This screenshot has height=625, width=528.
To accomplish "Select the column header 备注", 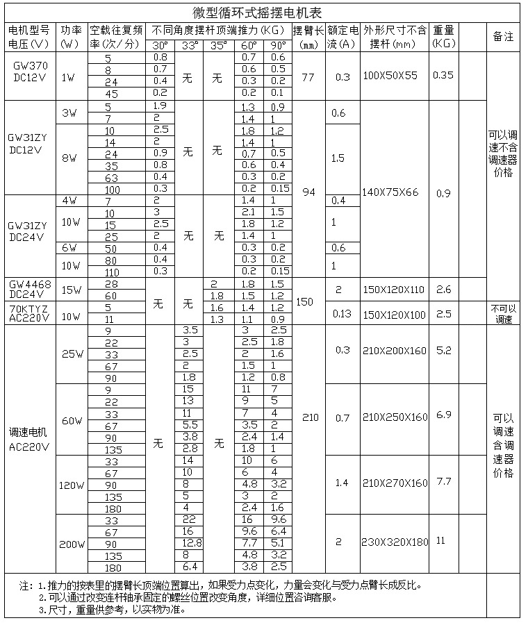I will coord(503,37).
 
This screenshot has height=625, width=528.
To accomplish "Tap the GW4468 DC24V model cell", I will coord(29,289).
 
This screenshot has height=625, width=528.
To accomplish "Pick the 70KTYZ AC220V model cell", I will coord(29,312).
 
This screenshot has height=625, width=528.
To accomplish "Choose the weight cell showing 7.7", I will coord(443,481).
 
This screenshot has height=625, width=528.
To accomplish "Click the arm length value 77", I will coord(308,76).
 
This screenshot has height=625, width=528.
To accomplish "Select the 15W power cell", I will coord(70,290).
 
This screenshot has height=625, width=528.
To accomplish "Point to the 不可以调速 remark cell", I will coord(503,313).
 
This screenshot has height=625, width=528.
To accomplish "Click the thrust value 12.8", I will coord(192,542).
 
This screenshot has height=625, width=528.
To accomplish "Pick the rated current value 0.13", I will coord(342,313).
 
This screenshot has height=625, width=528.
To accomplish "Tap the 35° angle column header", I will coord(219,45).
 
